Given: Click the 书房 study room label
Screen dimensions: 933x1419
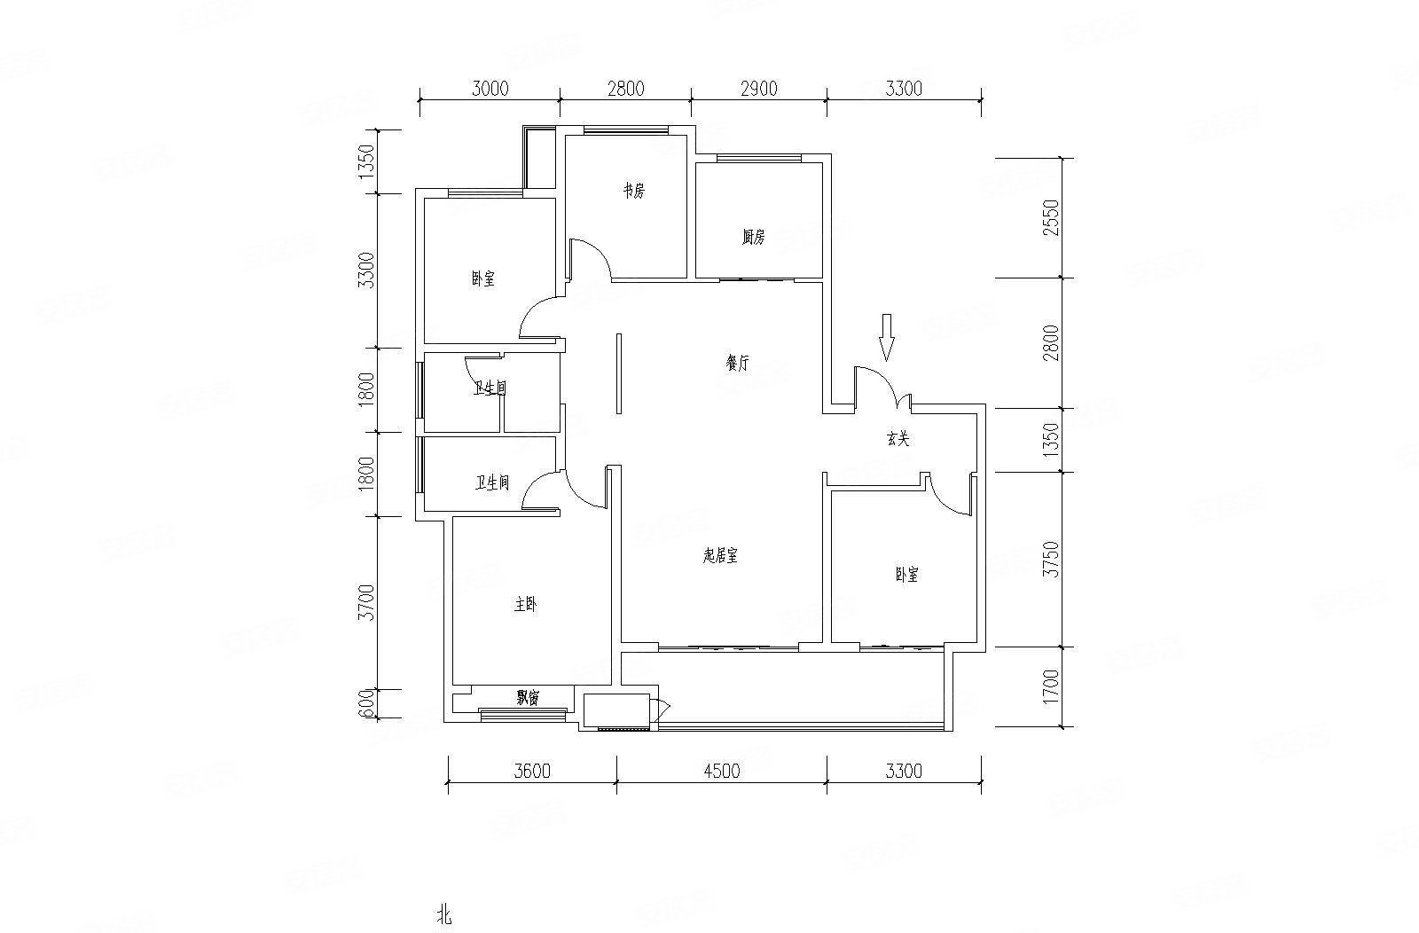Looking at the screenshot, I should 632,192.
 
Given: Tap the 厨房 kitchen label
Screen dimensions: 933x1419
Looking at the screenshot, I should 753,238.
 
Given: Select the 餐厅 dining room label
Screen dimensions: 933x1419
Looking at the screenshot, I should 737,364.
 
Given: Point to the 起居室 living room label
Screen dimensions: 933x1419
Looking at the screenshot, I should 720,556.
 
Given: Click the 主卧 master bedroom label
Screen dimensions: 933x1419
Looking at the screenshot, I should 524,606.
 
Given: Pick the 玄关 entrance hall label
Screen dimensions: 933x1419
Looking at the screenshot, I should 898,439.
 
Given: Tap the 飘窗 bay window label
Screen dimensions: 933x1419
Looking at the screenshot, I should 528,699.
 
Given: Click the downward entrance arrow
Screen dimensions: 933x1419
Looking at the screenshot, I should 886,336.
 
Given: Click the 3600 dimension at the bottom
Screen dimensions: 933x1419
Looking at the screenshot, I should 532,771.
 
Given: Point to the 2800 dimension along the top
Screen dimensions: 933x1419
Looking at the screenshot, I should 625,88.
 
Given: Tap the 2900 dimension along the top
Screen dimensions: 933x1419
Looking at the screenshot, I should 758,88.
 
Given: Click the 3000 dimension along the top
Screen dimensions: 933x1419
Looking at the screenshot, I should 490,88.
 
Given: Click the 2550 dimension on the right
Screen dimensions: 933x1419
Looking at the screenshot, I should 1052,218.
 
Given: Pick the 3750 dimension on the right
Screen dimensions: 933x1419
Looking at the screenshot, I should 1052,560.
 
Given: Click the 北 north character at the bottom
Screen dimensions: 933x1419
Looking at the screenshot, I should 444,915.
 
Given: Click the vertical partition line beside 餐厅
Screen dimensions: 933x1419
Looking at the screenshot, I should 619,373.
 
